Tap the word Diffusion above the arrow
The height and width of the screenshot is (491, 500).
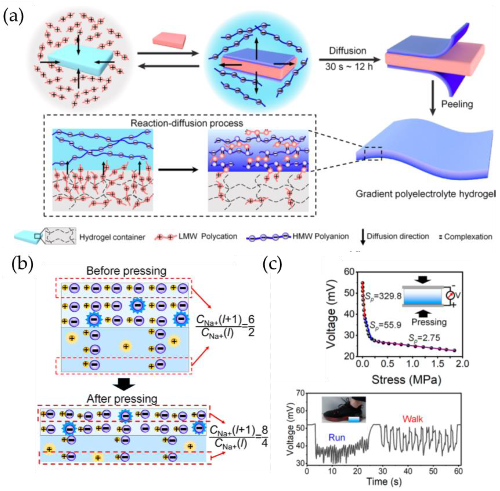(x=347, y=51)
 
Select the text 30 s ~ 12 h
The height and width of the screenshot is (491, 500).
(x=349, y=67)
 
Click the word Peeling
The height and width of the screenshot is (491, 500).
(x=457, y=104)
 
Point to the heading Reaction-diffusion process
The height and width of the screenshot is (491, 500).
(x=187, y=123)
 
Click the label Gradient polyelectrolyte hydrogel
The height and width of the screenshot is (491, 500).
(x=426, y=194)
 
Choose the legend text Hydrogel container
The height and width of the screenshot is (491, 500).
(x=112, y=237)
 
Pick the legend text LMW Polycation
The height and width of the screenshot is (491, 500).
(x=208, y=236)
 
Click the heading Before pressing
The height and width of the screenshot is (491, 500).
(x=126, y=271)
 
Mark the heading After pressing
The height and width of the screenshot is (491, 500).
(x=122, y=399)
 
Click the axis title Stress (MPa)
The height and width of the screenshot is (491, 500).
(x=406, y=379)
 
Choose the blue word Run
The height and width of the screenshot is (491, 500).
(x=337, y=437)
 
